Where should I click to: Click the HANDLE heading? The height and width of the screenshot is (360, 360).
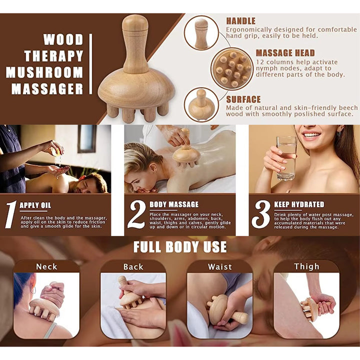[x=240, y=21]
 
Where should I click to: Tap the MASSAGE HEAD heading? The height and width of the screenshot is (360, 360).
[x=285, y=52]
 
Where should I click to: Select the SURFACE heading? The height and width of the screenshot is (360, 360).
[x=243, y=99]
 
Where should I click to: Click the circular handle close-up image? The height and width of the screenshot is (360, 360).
[x=201, y=33]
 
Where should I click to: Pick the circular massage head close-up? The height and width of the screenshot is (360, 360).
[x=231, y=68]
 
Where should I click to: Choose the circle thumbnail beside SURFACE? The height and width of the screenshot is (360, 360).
[x=201, y=104]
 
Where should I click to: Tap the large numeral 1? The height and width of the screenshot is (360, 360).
[x=10, y=215]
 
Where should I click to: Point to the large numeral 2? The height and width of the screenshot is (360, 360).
[x=136, y=215]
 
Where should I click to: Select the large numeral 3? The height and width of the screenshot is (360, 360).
[x=260, y=215]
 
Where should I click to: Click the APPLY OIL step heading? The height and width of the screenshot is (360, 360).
[x=35, y=205]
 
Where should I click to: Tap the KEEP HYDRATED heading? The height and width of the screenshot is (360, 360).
[x=299, y=204]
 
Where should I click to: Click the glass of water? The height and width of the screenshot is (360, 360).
[x=286, y=157]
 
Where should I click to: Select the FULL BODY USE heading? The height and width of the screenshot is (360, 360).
[x=180, y=247]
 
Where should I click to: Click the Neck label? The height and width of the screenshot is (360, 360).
[x=46, y=266]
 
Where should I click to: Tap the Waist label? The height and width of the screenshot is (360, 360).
[x=220, y=266]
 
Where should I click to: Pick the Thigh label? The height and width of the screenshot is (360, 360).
[x=306, y=266]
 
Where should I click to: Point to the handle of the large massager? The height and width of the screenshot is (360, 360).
[x=135, y=42]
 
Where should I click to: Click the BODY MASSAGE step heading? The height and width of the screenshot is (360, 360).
[x=174, y=204]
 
